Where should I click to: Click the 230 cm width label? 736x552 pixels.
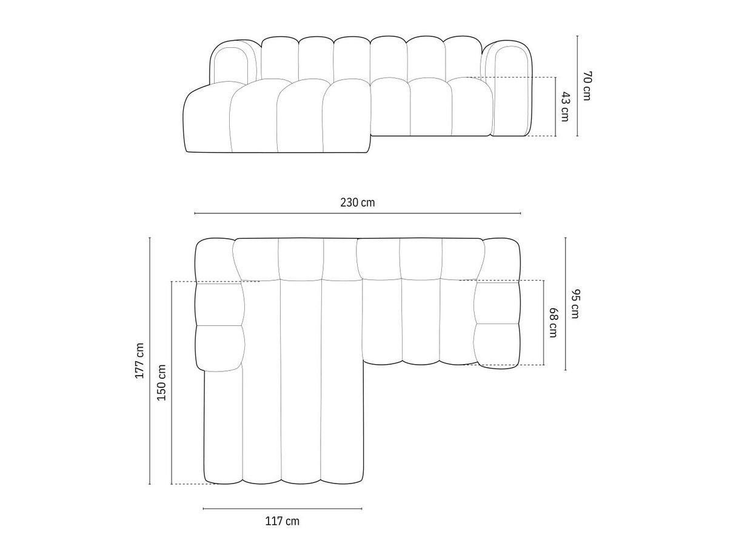[358, 202]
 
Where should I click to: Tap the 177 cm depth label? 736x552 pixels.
[139, 361]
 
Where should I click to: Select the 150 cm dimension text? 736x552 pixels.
[162, 382]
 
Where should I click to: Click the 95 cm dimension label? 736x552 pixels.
[575, 304]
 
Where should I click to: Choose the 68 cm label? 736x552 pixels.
[553, 323]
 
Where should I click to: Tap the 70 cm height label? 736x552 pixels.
[587, 85]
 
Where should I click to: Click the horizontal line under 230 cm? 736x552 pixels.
[358, 213]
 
